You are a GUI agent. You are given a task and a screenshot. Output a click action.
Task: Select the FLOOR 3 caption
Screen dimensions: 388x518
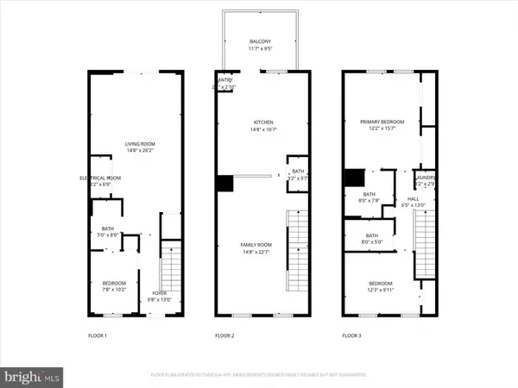352,335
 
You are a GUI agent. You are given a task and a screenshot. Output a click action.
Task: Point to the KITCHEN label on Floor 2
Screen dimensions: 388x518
263,122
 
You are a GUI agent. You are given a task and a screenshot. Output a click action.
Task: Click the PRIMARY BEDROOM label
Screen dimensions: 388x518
382,122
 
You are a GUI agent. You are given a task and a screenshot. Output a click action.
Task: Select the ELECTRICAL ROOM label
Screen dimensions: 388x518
96,178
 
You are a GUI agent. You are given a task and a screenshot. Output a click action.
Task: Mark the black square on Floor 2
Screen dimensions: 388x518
224,183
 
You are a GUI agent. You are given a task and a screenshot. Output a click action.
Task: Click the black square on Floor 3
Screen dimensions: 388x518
352,177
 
